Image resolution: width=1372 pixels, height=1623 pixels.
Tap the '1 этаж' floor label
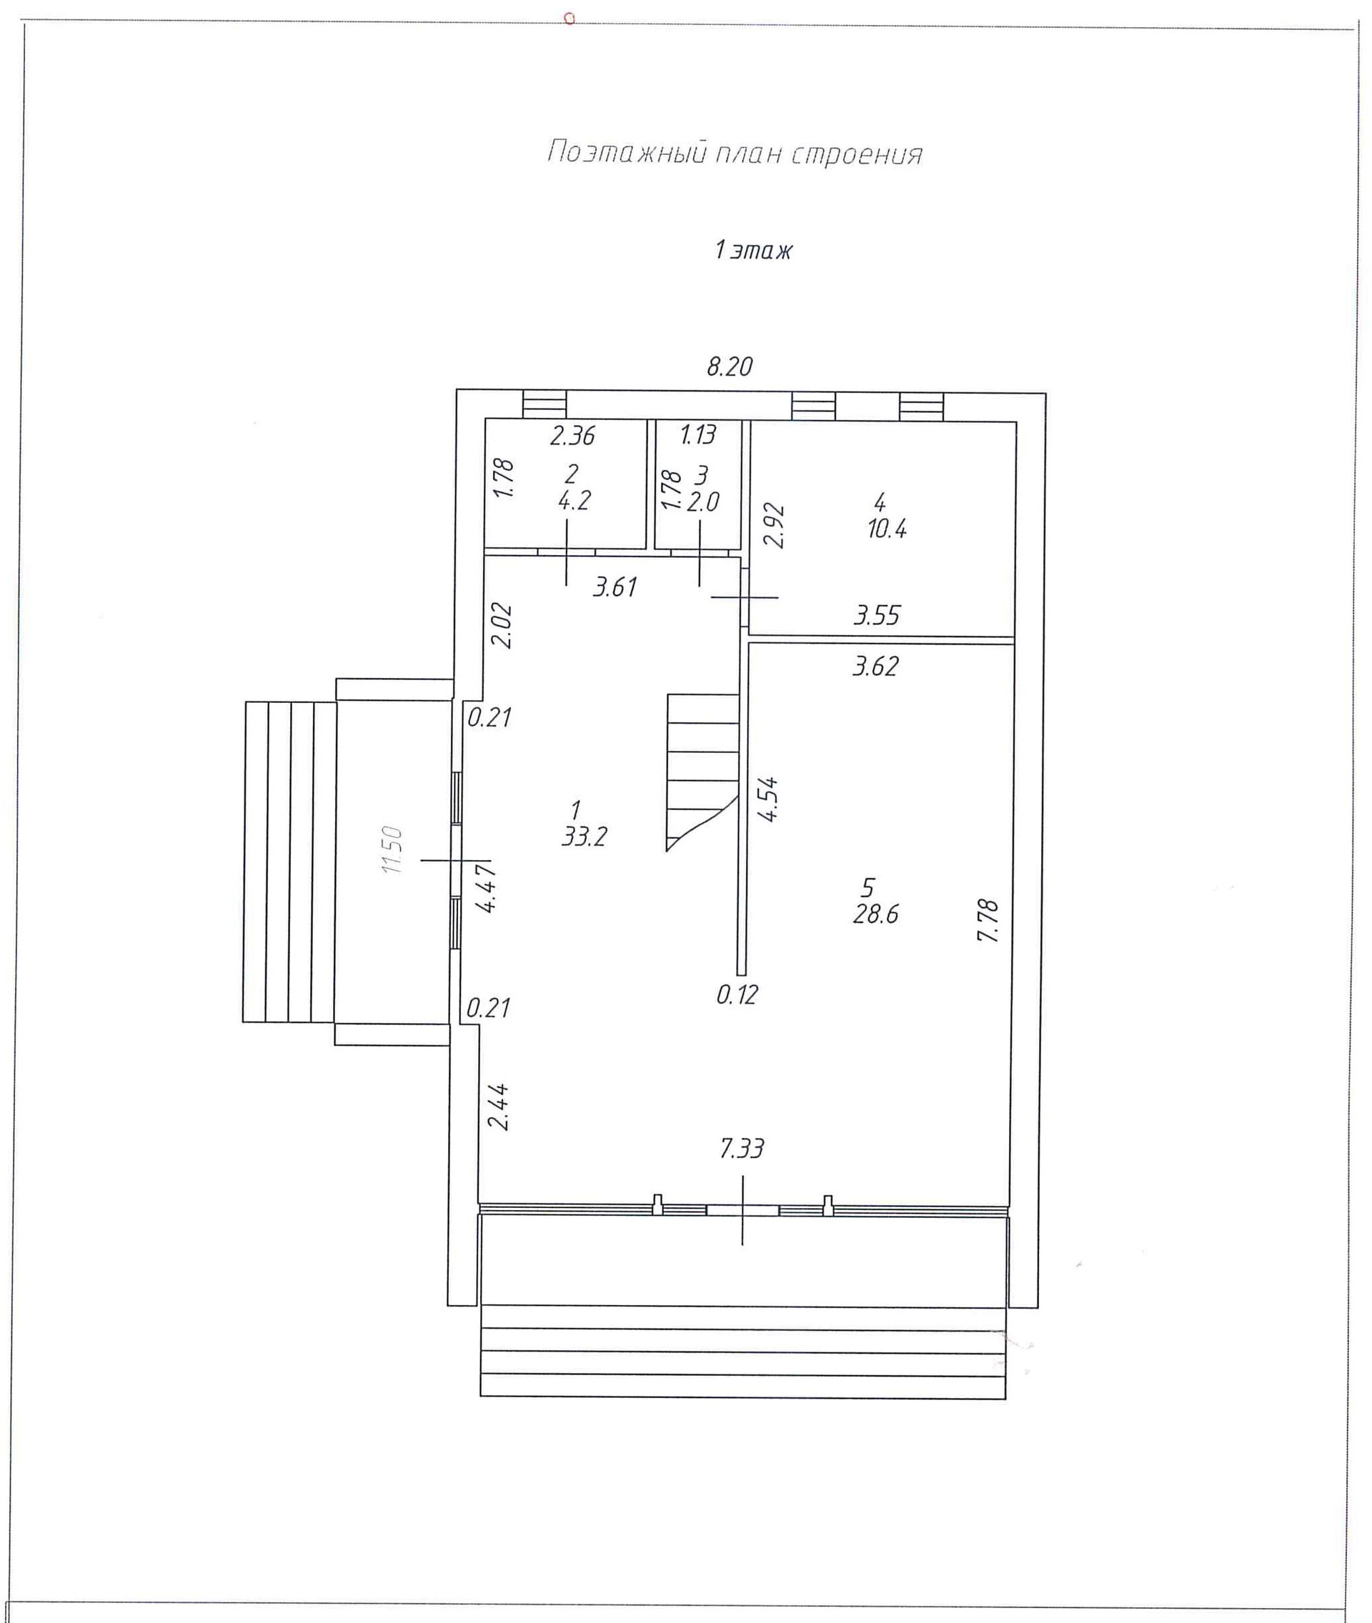(x=753, y=251)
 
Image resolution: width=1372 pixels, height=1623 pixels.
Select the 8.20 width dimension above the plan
(x=729, y=366)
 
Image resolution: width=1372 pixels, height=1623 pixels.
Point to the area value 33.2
(x=583, y=837)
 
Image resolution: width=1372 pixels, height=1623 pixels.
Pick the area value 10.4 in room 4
(x=887, y=529)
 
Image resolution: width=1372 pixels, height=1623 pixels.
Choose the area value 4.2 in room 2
(x=574, y=501)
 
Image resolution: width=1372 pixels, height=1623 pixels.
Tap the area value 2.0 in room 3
(x=702, y=502)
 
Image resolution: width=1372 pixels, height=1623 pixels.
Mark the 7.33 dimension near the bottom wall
(x=741, y=1149)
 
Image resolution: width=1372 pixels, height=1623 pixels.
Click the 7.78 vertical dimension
(x=988, y=921)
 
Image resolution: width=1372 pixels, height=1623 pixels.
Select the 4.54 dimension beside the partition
(x=768, y=799)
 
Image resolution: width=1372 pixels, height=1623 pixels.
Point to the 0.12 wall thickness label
(x=737, y=994)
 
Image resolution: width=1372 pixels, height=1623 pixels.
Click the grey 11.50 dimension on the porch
(x=394, y=850)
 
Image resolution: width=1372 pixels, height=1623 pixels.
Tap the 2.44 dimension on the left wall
(x=498, y=1107)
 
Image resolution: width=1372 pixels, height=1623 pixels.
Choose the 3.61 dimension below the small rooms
(x=615, y=587)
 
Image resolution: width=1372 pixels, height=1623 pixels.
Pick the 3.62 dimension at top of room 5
(x=875, y=666)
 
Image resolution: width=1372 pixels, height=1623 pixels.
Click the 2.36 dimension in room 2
(x=572, y=436)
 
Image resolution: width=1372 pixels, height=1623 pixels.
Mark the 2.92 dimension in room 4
(x=774, y=526)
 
